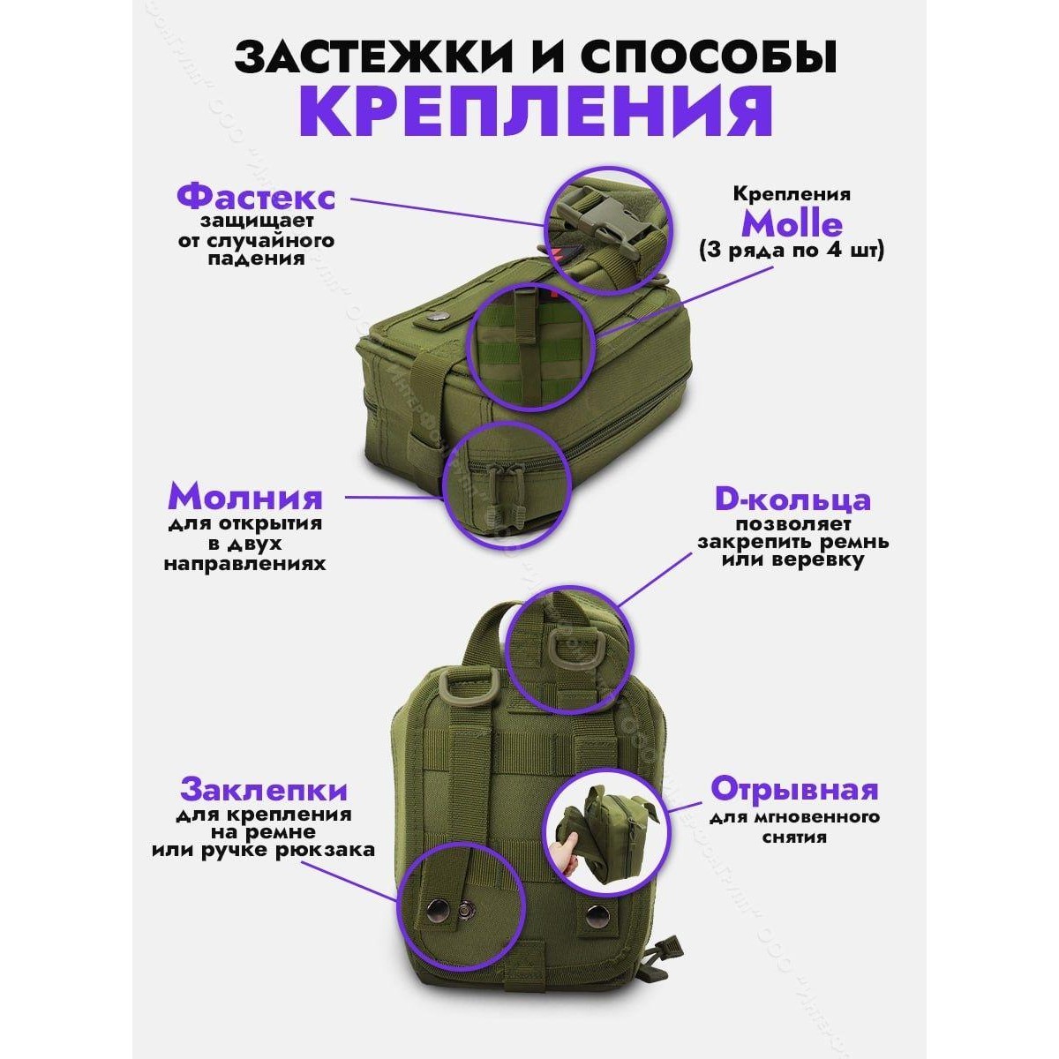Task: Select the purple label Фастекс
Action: (x=255, y=195)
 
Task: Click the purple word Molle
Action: (x=791, y=224)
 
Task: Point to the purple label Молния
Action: (x=245, y=498)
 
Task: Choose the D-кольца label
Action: (x=792, y=499)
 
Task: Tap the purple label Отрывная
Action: (x=794, y=787)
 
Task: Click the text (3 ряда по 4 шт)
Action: (x=792, y=252)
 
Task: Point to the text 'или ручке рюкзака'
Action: (x=263, y=851)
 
